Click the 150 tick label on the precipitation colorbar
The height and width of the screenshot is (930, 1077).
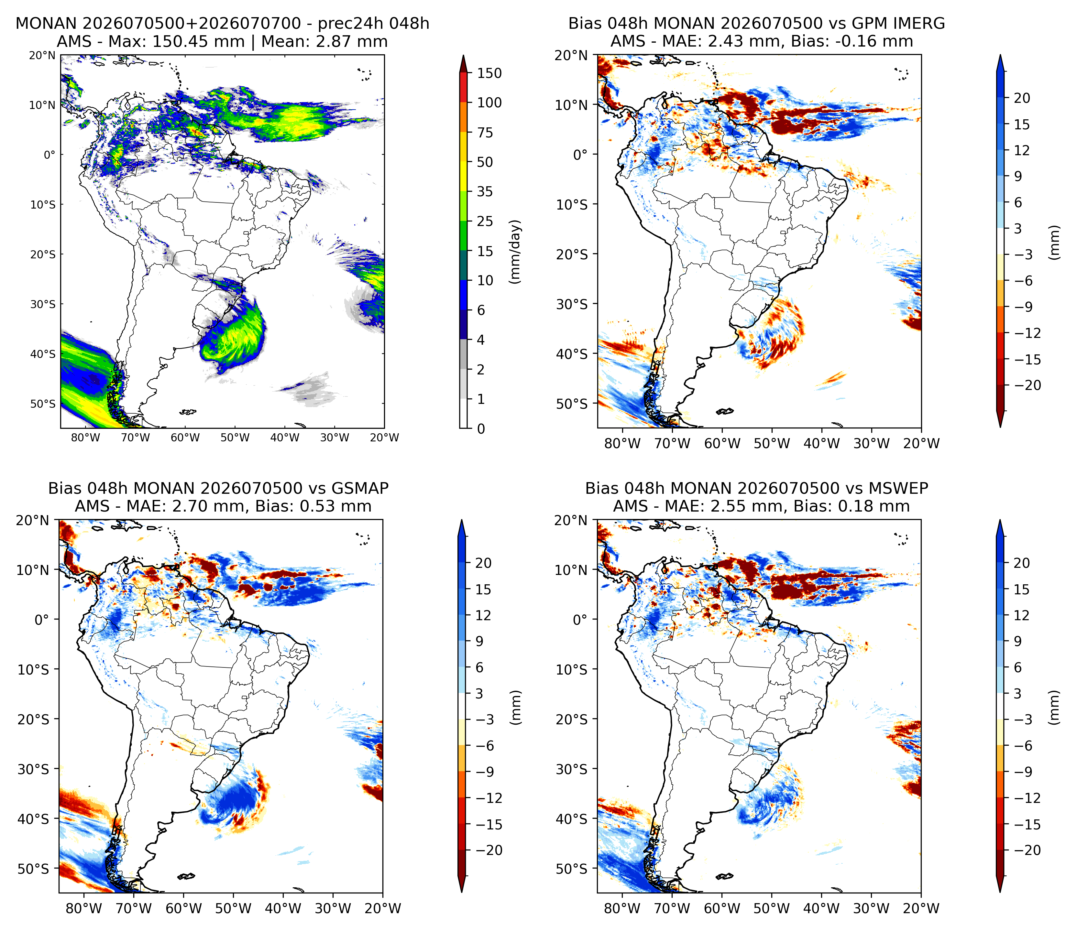[x=489, y=73]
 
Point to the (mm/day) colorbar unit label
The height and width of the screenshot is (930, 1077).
[x=515, y=252]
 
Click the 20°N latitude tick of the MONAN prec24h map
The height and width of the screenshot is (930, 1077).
[x=42, y=55]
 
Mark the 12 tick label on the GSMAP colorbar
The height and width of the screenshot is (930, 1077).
[x=483, y=615]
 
